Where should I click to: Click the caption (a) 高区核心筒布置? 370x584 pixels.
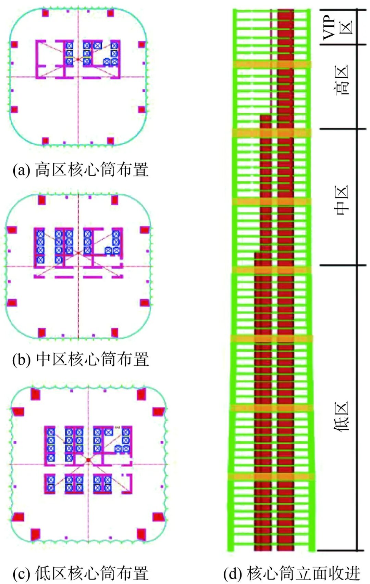[81, 170]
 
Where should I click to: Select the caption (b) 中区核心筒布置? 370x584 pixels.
[81, 359]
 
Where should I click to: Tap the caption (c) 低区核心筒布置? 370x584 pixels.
[81, 573]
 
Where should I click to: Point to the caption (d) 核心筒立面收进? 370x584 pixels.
[292, 573]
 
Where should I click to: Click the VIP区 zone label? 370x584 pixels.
[337, 27]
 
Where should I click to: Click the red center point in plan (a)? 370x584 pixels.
[78, 60]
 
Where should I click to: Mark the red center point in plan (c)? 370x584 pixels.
[88, 460]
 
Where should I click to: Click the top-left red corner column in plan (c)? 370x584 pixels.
[35, 394]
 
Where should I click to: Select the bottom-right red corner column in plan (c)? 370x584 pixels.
[141, 534]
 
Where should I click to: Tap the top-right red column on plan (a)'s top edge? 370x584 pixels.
[110, 13]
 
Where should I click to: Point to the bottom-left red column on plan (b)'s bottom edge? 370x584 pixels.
[42, 332]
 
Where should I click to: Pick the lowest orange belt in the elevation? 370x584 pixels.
[271, 476]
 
